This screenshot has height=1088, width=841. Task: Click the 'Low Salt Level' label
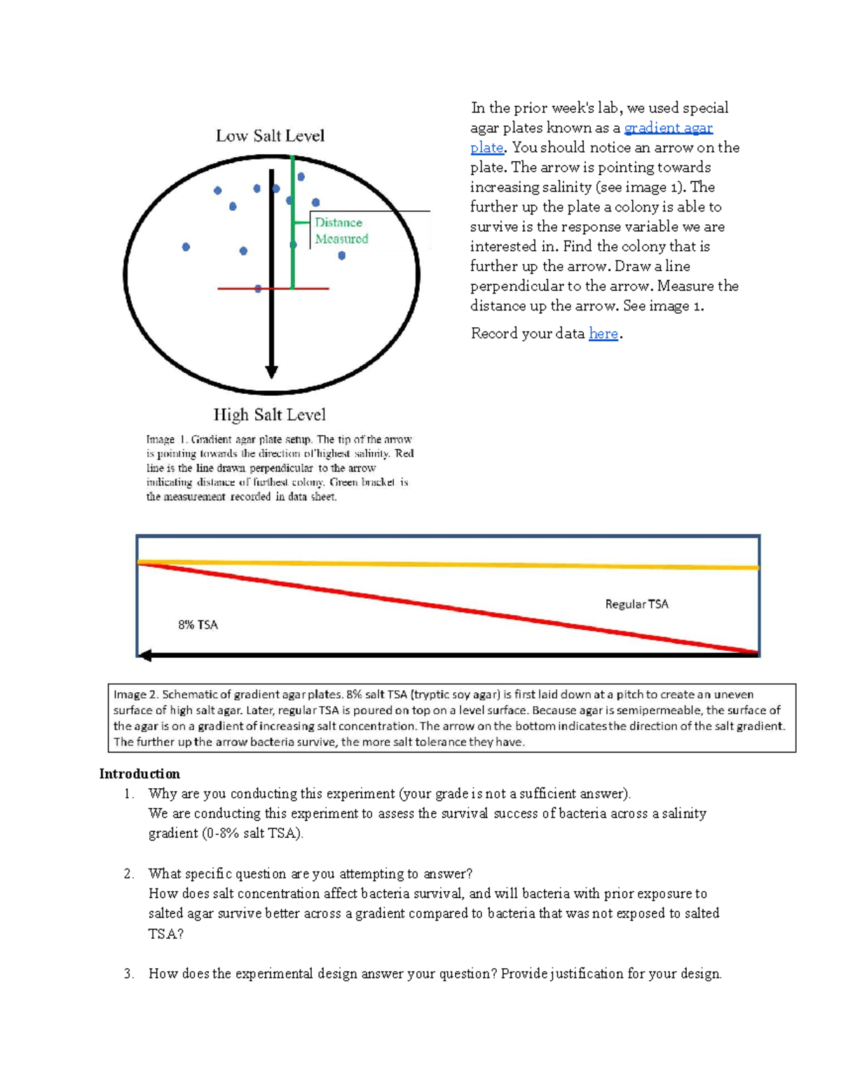coord(270,136)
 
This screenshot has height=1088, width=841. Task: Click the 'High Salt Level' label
coord(270,415)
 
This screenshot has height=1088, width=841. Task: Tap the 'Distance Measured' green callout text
coord(341,230)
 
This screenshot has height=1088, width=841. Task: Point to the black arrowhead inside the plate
coord(271,371)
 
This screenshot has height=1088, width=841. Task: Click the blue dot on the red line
coord(258,289)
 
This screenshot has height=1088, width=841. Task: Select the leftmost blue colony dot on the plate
coord(186,247)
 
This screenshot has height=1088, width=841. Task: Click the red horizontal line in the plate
coord(308,288)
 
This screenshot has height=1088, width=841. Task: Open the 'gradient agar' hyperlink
coord(668,128)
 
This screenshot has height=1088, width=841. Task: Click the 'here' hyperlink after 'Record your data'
coord(603,333)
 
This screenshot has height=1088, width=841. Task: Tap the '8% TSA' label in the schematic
coord(198,625)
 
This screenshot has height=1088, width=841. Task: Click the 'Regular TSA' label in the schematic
coord(636,604)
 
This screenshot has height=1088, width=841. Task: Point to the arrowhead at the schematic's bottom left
coord(145,656)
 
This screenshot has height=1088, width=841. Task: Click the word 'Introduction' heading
coord(139,774)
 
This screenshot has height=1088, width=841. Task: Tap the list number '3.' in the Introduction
coord(128,974)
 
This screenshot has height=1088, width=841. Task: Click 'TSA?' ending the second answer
coord(165,934)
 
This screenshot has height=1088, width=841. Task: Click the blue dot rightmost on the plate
coord(342,256)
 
